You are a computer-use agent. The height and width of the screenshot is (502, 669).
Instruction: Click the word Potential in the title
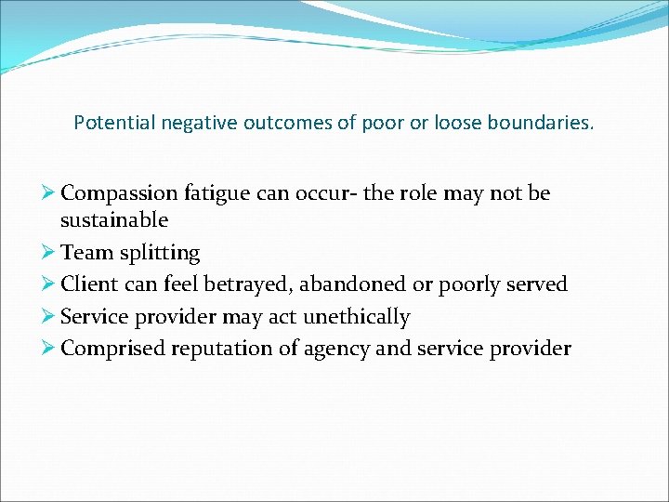(106, 123)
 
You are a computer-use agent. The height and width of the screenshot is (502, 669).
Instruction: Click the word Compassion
(118, 193)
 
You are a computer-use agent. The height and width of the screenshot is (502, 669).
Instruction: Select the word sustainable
(114, 220)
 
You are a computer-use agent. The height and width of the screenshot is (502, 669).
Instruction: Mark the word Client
(90, 284)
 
